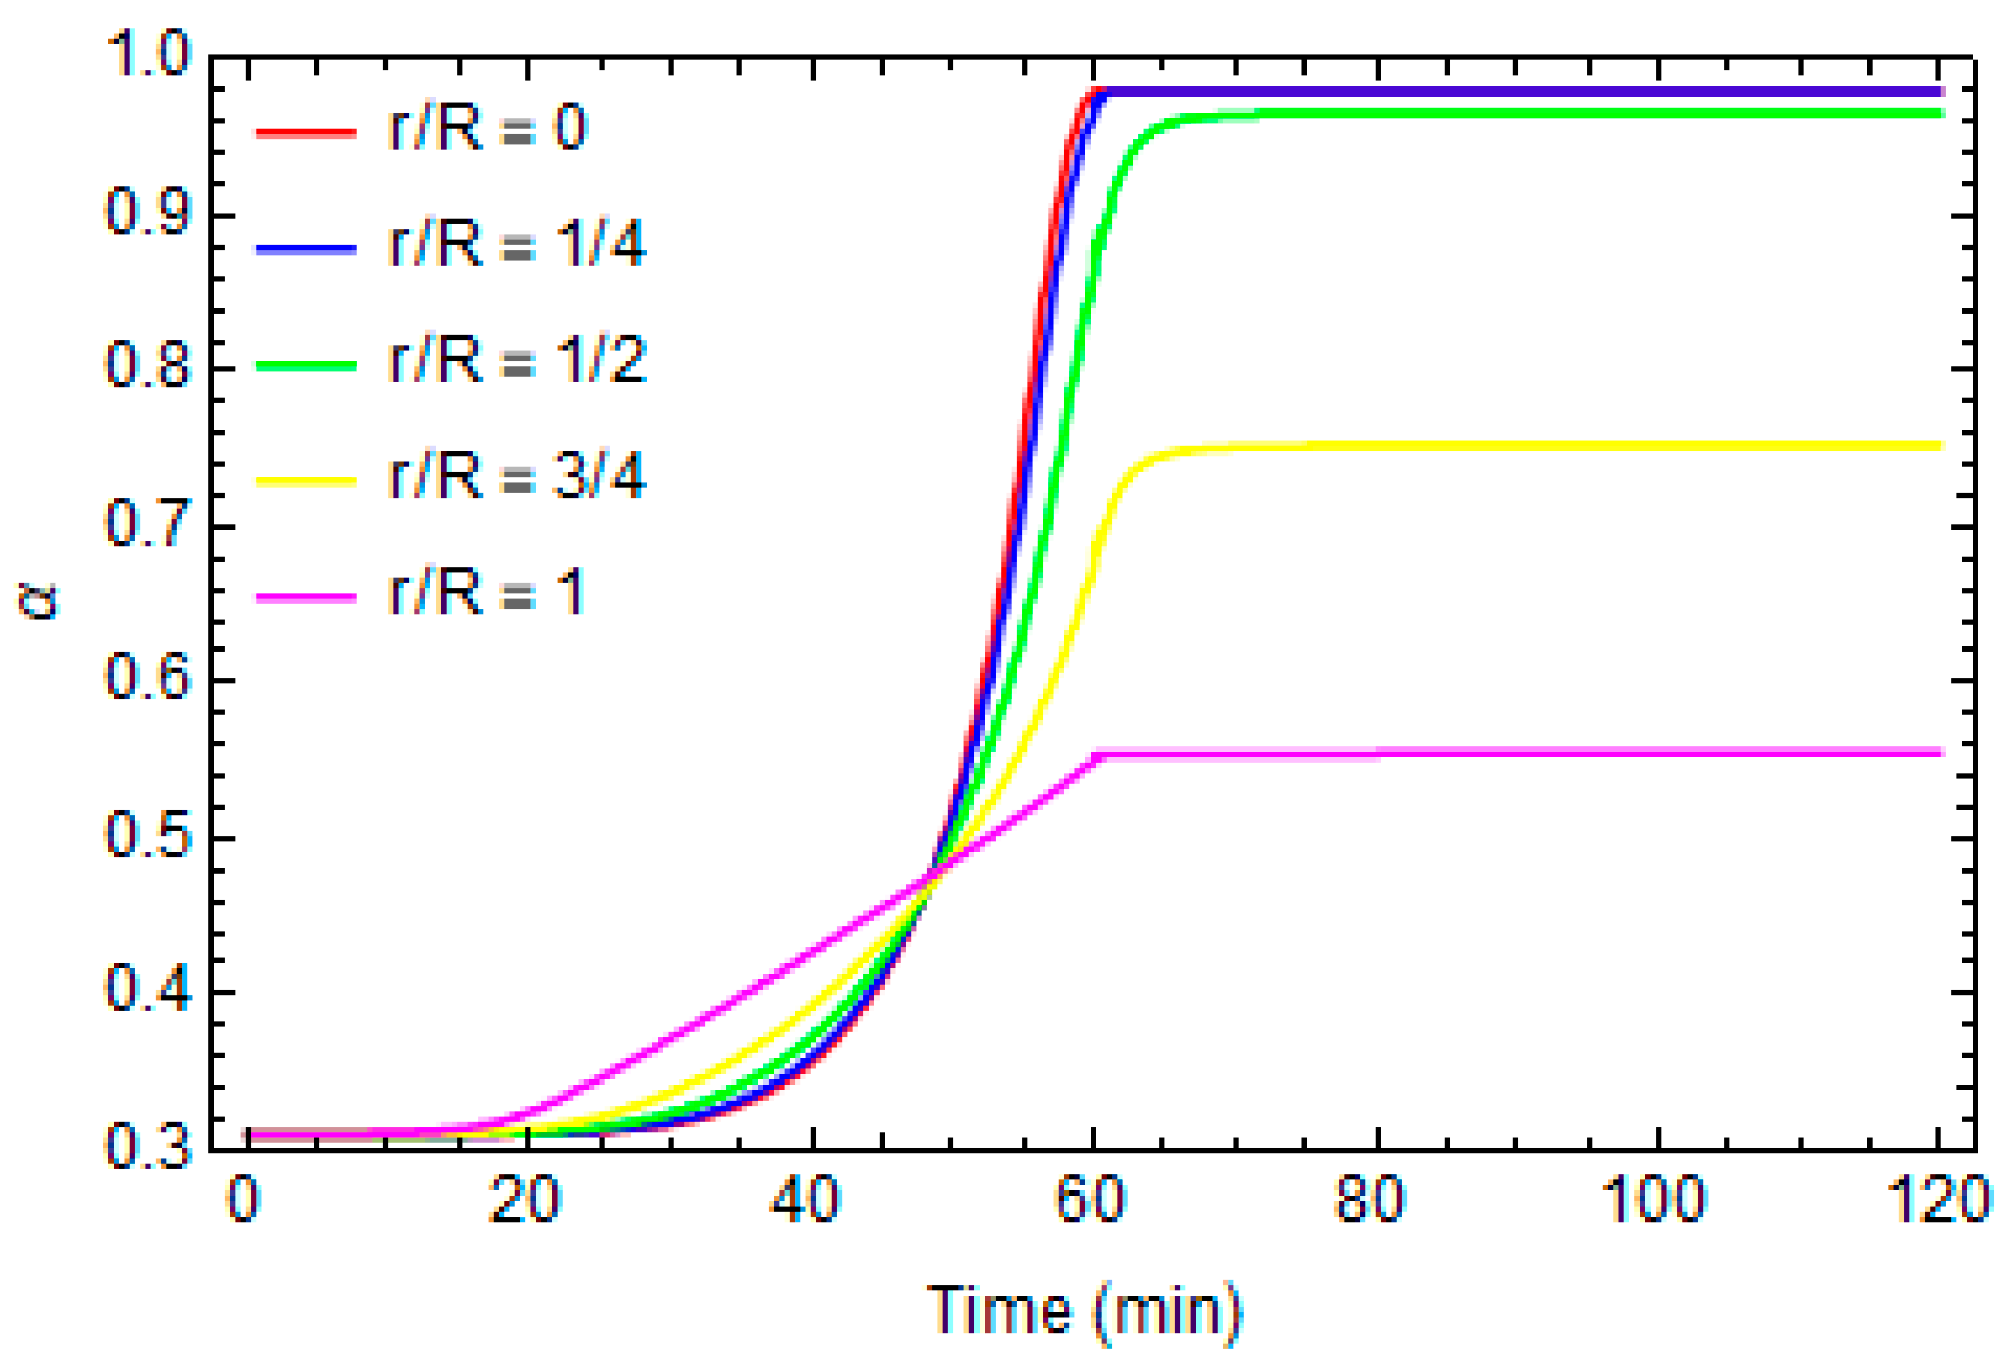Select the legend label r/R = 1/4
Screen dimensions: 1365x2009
pos(517,244)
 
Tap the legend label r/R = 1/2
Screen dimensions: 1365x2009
pos(517,359)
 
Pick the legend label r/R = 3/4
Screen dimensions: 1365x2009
pos(517,476)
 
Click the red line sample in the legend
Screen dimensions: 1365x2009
pos(306,132)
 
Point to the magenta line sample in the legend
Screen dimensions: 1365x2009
pos(306,597)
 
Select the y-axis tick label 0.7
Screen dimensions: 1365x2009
pos(147,523)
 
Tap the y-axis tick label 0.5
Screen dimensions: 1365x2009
pos(147,835)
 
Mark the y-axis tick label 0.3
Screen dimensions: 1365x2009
pos(147,1146)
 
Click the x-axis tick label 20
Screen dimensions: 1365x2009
pos(524,1200)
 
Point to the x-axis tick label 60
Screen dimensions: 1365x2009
pos(1091,1200)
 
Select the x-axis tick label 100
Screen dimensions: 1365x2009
pos(1655,1200)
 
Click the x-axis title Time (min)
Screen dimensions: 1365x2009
pos(1085,1311)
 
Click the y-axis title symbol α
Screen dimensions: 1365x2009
pos(37,600)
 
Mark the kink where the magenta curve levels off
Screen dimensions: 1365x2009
pos(1097,755)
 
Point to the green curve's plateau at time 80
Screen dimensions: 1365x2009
pos(1376,114)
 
